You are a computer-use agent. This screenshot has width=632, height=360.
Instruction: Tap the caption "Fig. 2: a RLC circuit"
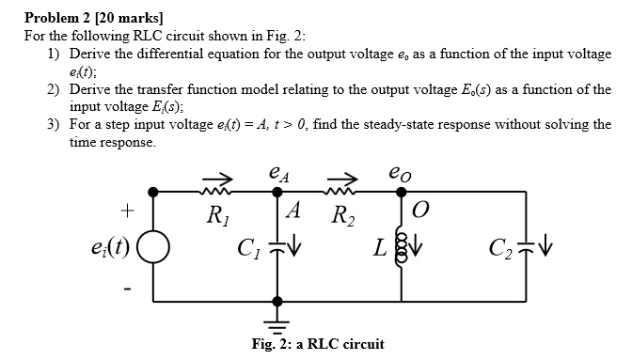318,344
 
